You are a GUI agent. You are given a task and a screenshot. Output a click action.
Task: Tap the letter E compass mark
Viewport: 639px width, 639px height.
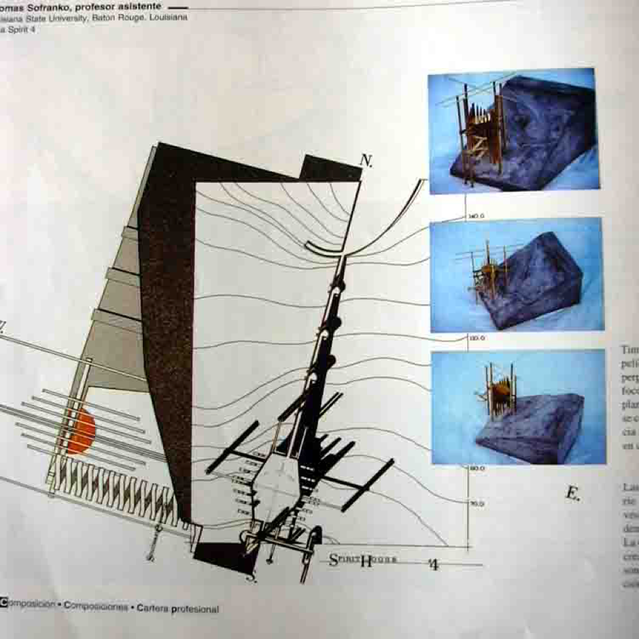[573, 493]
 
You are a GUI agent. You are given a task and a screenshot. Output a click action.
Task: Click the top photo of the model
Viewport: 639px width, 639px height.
[513, 131]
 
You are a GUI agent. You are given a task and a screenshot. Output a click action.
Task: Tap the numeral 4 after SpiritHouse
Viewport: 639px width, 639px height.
[433, 564]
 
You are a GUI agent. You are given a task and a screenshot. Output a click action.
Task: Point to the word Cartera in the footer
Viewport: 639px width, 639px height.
[153, 609]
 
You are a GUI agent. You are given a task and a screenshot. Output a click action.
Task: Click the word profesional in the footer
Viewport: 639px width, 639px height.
[195, 609]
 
